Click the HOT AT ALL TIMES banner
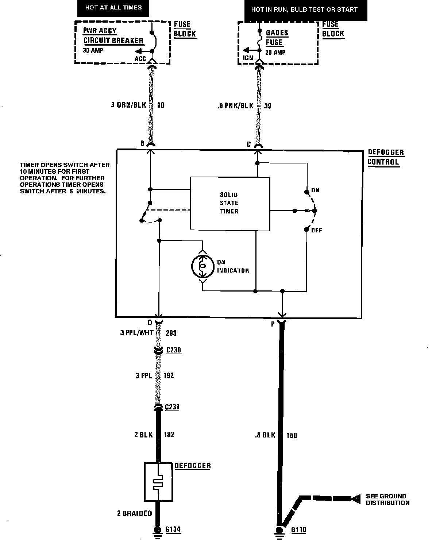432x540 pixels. click(113, 8)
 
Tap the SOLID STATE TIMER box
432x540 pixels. click(229, 203)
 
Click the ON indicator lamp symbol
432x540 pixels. click(202, 266)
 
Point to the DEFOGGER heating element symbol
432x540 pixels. click(158, 482)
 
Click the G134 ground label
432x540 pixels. click(173, 529)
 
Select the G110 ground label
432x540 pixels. click(299, 530)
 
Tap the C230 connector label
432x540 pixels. click(174, 350)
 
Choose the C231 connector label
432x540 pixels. click(172, 407)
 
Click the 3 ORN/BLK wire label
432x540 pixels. click(128, 105)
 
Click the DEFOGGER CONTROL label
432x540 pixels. click(386, 157)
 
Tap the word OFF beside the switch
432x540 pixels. click(316, 230)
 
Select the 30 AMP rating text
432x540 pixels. click(93, 51)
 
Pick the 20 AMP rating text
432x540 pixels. click(275, 52)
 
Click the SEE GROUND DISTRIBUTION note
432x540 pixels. click(387, 499)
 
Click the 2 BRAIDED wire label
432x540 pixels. click(134, 513)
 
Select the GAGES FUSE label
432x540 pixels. click(277, 37)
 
